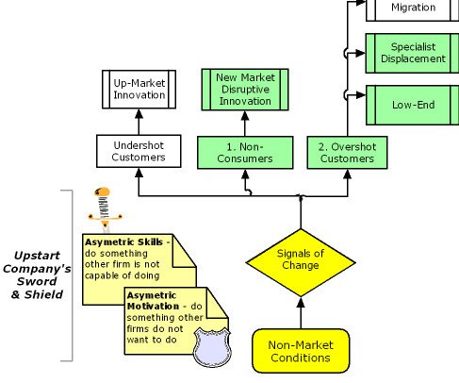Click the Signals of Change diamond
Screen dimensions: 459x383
click(301, 262)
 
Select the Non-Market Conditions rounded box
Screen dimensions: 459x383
click(301, 351)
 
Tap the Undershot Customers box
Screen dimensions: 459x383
click(139, 151)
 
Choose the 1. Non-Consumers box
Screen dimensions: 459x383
click(245, 153)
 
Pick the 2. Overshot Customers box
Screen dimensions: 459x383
click(347, 153)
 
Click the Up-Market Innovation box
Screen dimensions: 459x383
click(139, 90)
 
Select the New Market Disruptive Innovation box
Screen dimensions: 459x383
click(245, 90)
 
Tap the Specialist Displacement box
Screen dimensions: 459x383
click(413, 53)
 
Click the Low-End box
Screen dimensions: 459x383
click(413, 105)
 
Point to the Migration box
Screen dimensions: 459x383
click(413, 9)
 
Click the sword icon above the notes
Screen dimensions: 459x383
click(105, 209)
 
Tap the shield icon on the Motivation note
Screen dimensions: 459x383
click(212, 347)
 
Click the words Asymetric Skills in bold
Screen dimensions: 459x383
click(123, 242)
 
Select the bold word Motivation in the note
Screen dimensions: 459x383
click(153, 306)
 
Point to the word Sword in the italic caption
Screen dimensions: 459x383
click(37, 281)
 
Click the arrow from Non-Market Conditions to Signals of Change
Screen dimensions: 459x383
click(301, 313)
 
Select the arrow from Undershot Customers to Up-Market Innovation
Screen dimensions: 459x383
click(139, 122)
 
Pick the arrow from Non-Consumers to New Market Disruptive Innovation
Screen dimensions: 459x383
click(245, 124)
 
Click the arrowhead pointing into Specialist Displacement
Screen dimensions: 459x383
click(361, 53)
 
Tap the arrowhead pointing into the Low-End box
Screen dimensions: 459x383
click(361, 95)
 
